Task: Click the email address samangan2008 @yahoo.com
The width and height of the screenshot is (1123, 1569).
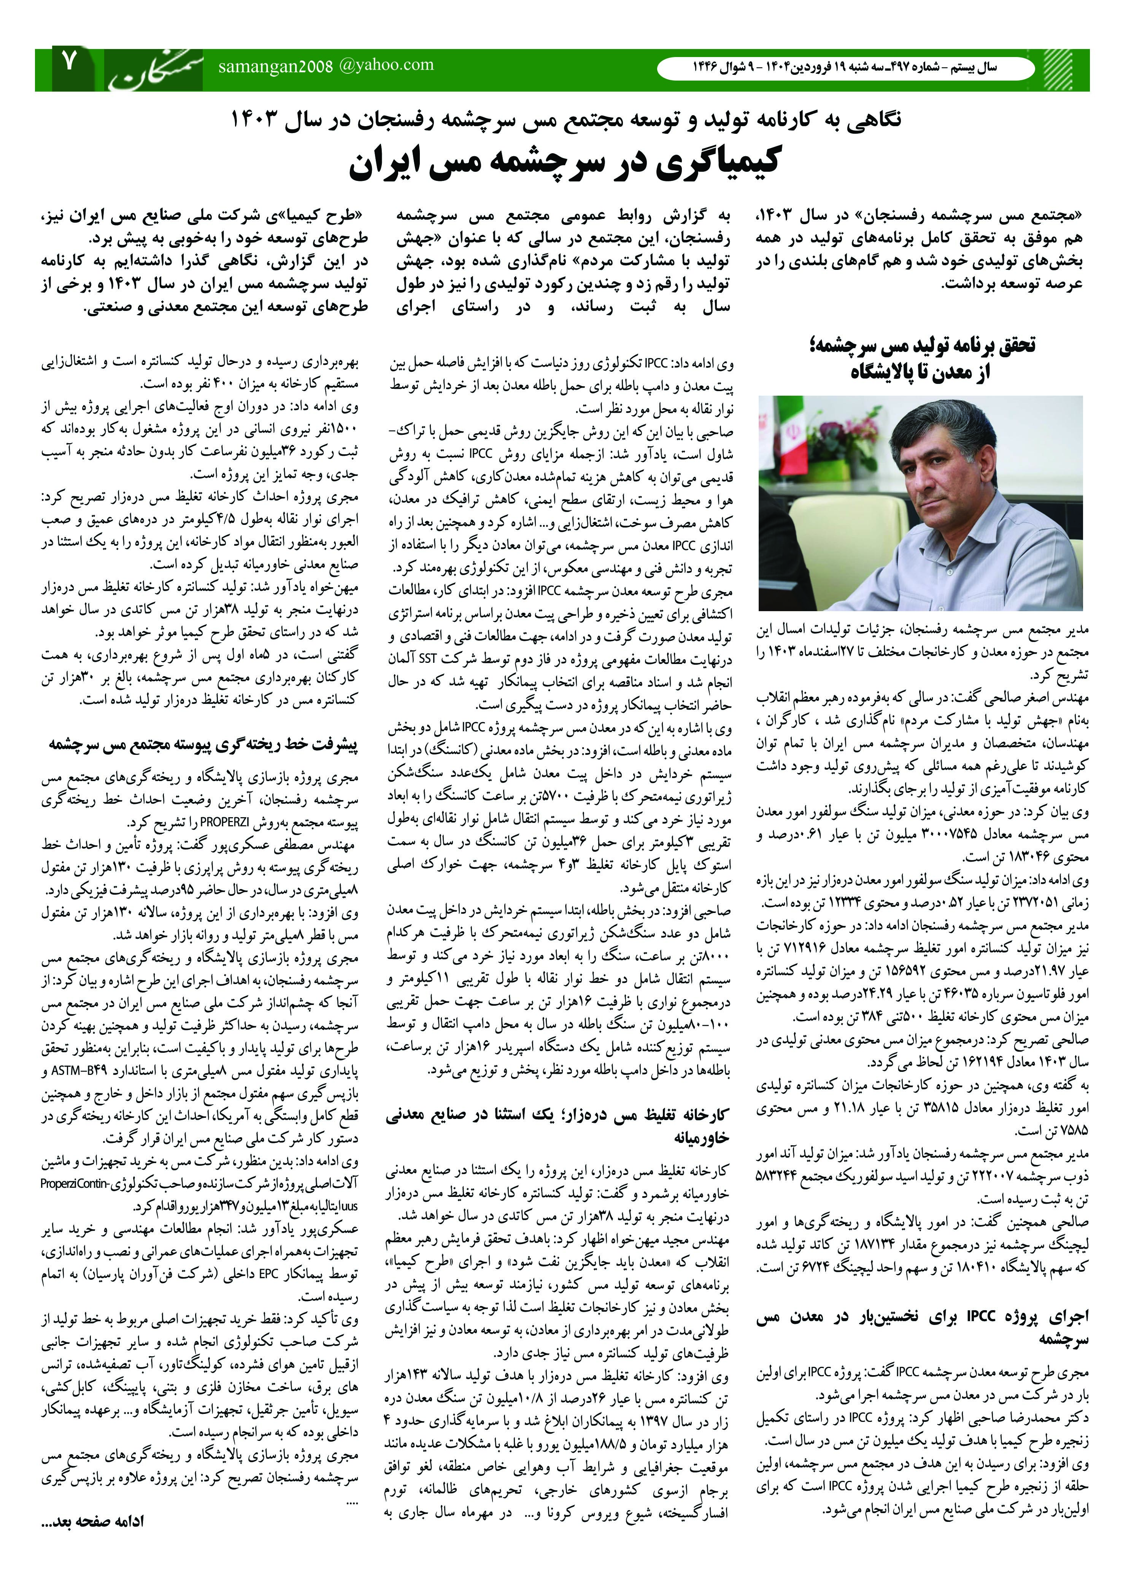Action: click(326, 66)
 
